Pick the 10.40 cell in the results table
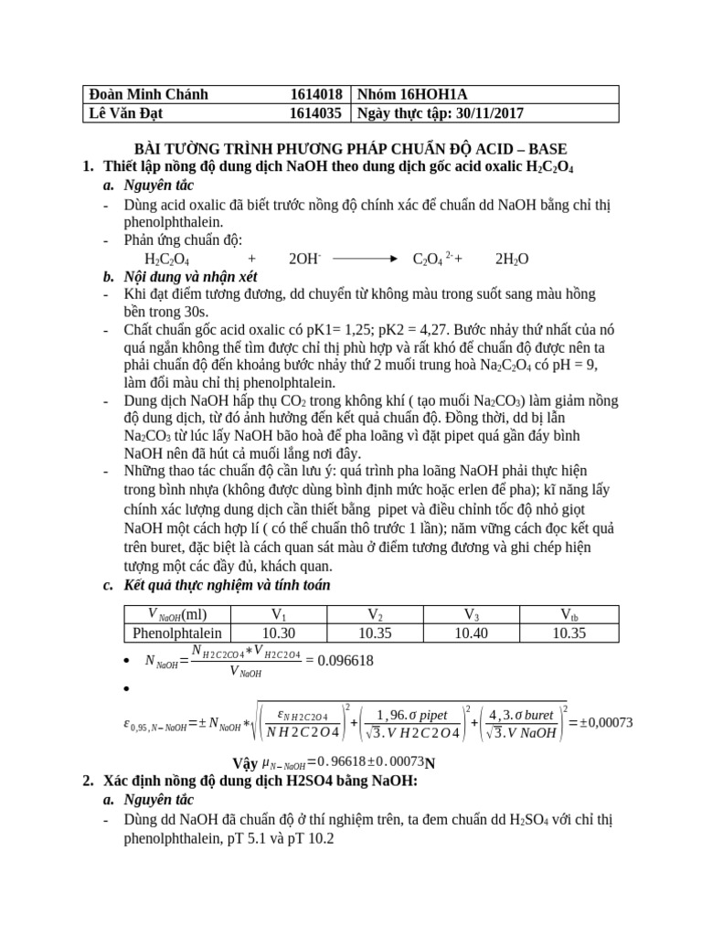472,632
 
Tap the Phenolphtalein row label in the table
177,632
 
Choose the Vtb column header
568,614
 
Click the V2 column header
375,614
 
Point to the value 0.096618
345,661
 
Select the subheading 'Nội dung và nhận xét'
189,276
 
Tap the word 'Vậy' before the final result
245,763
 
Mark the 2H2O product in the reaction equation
512,260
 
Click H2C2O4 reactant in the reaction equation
168,260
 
